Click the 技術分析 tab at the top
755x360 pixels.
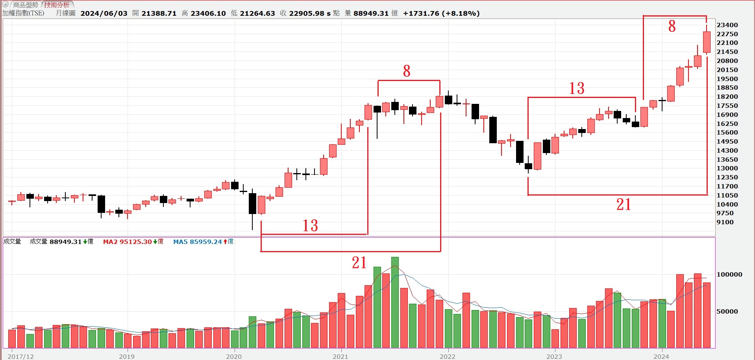pyautogui.click(x=57, y=5)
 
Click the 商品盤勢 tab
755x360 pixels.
pyautogui.click(x=26, y=5)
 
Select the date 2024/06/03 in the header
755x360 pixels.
pyautogui.click(x=104, y=13)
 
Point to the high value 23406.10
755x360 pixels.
pyautogui.click(x=208, y=13)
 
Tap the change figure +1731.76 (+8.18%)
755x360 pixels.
pyautogui.click(x=441, y=13)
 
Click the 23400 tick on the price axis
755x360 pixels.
pyautogui.click(x=727, y=25)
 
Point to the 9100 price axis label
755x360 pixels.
pyautogui.click(x=725, y=222)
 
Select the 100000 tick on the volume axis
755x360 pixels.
pyautogui.click(x=729, y=275)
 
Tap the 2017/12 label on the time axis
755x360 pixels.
pyautogui.click(x=20, y=356)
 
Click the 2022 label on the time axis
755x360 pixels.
pyautogui.click(x=447, y=356)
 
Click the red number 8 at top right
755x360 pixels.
pyautogui.click(x=672, y=26)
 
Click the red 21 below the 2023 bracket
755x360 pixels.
pyautogui.click(x=624, y=205)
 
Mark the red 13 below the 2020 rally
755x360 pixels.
pyautogui.click(x=310, y=225)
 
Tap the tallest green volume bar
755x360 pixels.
pyautogui.click(x=395, y=302)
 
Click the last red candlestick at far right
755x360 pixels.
pyautogui.click(x=707, y=42)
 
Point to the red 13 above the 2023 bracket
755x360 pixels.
pyautogui.click(x=577, y=88)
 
